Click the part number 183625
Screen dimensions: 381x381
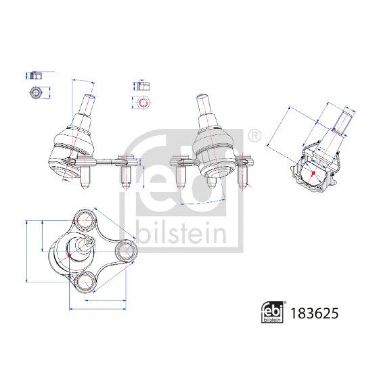[x=314, y=314]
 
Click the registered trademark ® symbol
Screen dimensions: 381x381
[x=255, y=136]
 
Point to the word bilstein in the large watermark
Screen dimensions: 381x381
[x=181, y=232]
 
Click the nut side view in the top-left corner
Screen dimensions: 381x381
[x=36, y=76]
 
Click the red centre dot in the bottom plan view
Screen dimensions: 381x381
[x=69, y=255]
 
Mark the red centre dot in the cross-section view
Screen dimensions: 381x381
[x=313, y=173]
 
